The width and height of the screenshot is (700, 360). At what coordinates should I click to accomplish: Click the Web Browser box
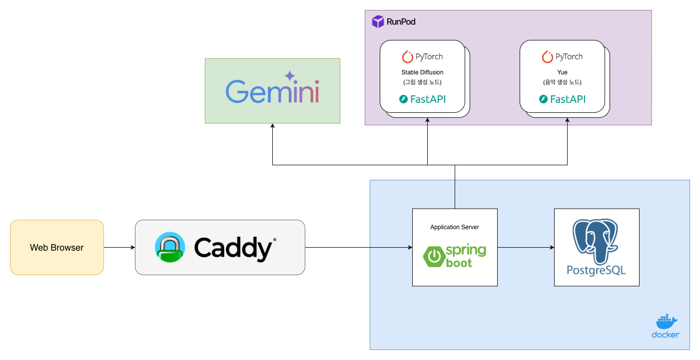pos(56,248)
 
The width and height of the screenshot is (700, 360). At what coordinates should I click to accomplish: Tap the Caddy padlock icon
pos(170,247)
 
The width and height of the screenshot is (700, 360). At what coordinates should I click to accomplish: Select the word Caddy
pos(233,247)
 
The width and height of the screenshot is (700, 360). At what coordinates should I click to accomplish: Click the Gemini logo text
pos(272,91)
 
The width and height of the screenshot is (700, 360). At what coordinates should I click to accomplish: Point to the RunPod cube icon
pos(378,21)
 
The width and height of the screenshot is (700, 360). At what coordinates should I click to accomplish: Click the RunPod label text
pos(401,22)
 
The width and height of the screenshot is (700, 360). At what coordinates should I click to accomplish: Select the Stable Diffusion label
pos(422,72)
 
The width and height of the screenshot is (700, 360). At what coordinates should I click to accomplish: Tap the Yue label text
pos(562,72)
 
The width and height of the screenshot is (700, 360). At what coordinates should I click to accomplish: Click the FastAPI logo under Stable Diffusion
pos(422,99)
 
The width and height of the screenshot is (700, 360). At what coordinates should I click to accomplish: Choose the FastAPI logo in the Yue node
pos(562,99)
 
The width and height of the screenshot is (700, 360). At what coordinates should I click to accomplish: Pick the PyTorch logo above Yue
pos(562,56)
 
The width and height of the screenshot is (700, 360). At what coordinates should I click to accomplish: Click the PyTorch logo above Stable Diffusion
pos(422,56)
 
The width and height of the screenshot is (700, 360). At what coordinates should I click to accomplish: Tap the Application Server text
pos(455,227)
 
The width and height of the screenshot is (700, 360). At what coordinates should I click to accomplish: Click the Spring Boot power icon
pos(435,257)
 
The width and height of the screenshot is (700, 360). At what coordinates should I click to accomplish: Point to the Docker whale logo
pos(666,322)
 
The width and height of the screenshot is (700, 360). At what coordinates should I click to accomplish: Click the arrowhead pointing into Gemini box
pos(272,127)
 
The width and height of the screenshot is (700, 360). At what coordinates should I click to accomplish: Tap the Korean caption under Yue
pos(562,82)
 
